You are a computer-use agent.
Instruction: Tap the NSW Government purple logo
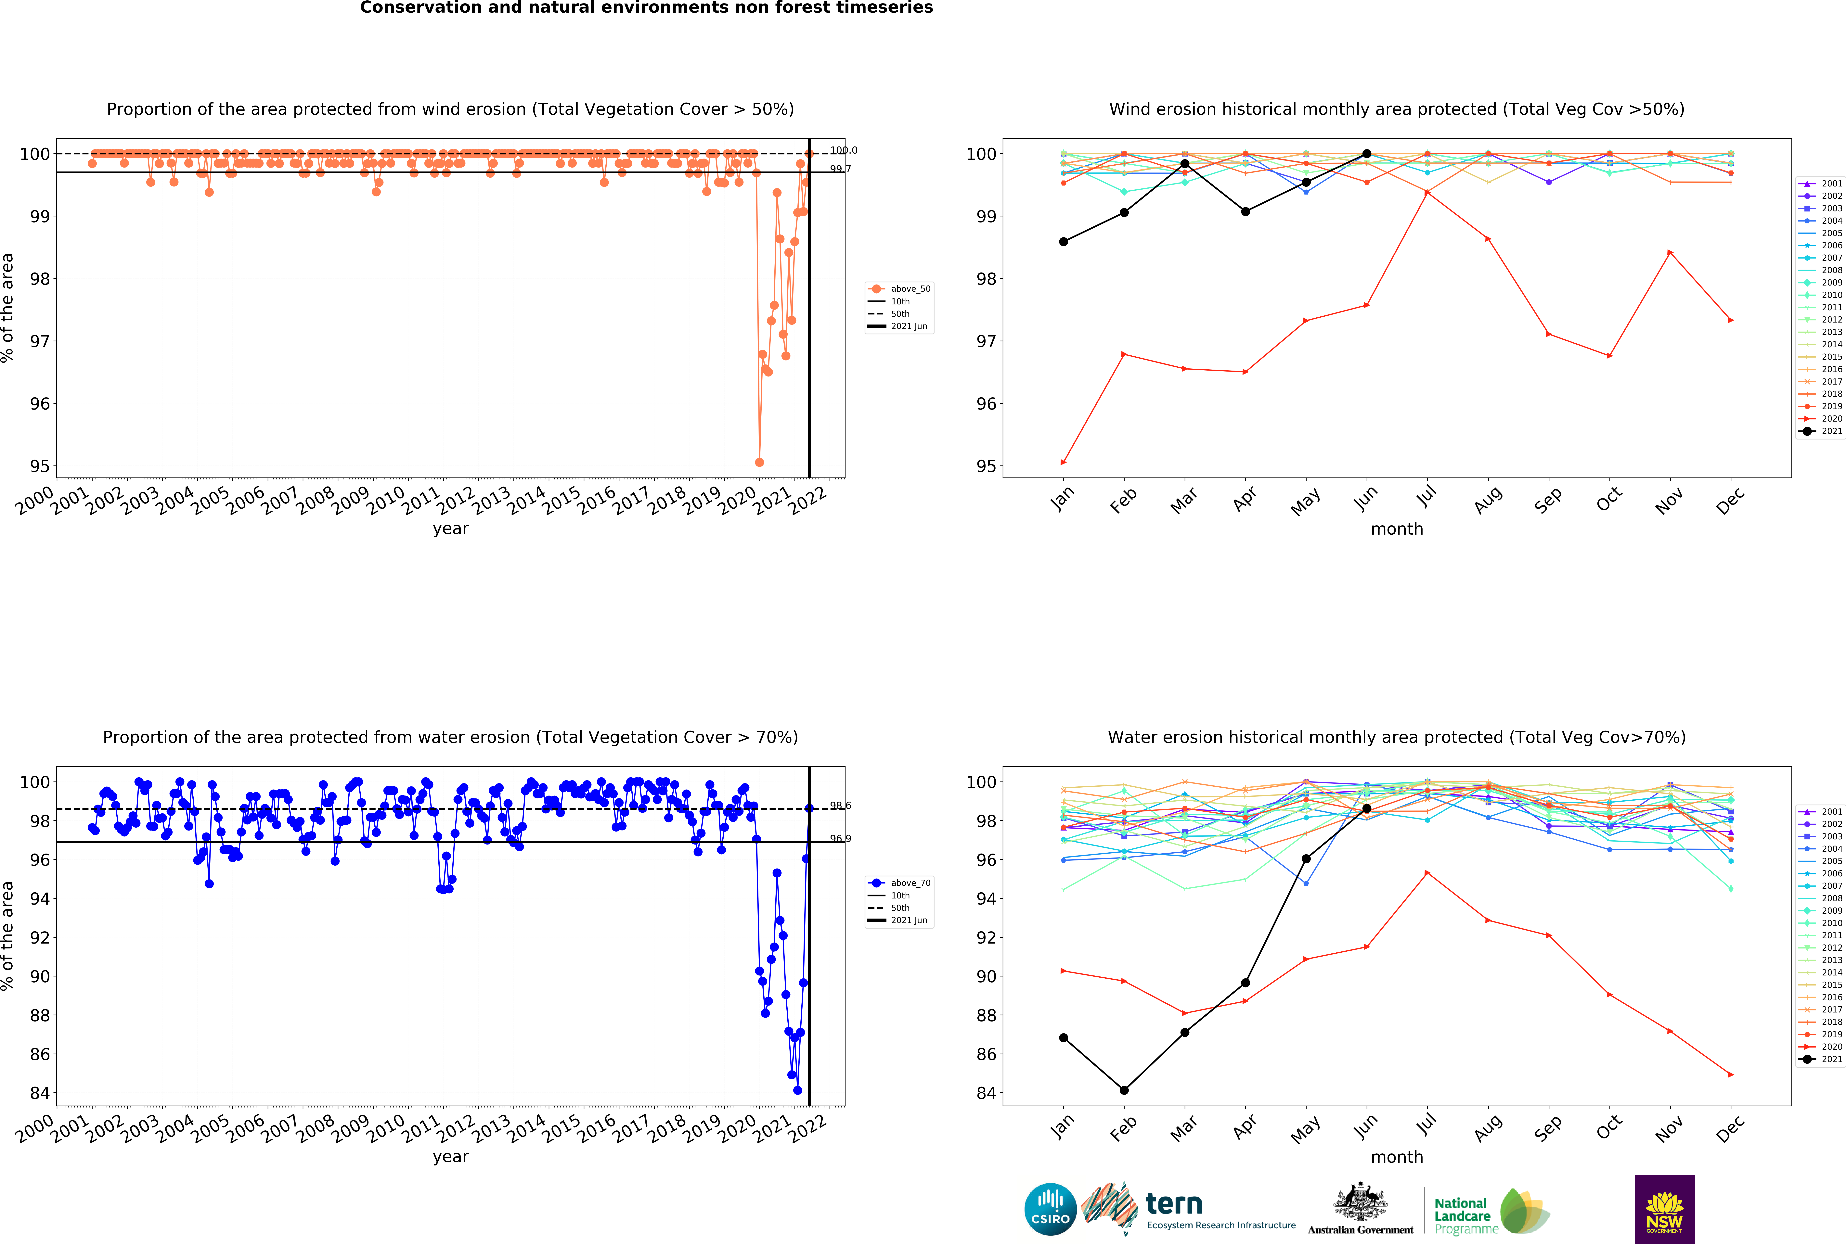click(1664, 1209)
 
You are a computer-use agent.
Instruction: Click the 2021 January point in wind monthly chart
click(1064, 241)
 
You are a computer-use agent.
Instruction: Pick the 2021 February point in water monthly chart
click(1124, 1090)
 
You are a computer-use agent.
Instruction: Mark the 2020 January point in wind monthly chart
click(1064, 462)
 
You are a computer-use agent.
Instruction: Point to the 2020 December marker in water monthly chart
click(1731, 1074)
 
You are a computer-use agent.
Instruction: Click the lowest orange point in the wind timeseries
click(759, 462)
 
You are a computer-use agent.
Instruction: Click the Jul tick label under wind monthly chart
click(1427, 497)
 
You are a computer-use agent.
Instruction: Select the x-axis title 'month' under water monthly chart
click(1396, 1157)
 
